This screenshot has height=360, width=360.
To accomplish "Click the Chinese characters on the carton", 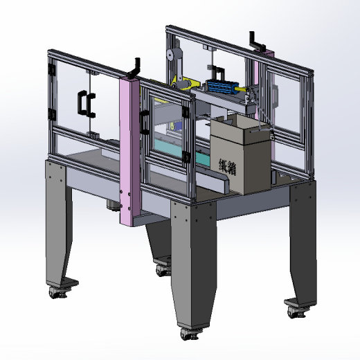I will [228, 168].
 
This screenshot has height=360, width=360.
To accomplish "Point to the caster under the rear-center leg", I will [164, 269].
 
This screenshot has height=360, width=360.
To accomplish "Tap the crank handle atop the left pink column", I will [136, 67].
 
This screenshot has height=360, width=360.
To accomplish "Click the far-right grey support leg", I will [302, 242].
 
